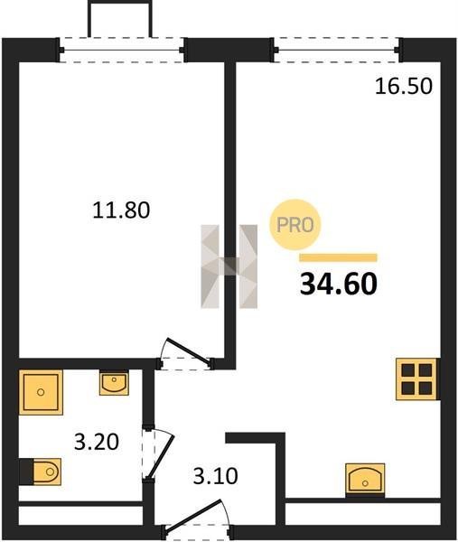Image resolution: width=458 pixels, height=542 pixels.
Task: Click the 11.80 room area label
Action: pos(121,210)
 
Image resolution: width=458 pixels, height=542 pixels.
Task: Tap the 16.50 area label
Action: pos(404,86)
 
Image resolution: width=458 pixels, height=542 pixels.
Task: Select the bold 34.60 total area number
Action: pos(339,284)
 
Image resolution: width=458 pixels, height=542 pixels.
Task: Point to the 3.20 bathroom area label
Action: pos(97,442)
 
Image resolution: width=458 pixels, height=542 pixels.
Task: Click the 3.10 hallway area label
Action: pos(215,476)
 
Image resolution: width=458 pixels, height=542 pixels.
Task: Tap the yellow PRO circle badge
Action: pos(295,225)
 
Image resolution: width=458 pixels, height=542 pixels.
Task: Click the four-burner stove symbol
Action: pos(416,379)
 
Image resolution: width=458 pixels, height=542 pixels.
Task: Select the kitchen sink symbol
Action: pos(365,479)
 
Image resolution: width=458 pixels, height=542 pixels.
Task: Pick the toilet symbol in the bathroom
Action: pos(47,472)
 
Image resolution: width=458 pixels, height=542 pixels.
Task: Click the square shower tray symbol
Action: pos(41,392)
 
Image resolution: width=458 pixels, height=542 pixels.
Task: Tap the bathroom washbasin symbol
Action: pos(114,382)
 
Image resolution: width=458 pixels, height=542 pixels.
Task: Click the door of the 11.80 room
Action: pos(187,352)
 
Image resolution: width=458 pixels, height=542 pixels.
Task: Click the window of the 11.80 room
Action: pos(122,50)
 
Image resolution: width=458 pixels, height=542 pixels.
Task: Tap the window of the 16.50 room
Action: pos(337,50)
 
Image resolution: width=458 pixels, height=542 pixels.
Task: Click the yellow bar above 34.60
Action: pos(339,257)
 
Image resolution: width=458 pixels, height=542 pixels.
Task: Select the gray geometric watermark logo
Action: pos(229,266)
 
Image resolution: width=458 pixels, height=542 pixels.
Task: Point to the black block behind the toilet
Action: pos(26,472)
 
